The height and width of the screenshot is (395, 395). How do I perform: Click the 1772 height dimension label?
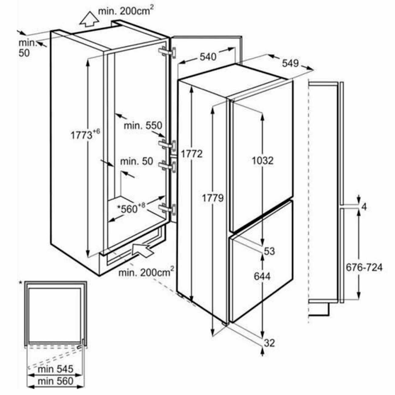coord(191,154)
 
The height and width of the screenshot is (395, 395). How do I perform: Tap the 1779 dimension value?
coord(213,198)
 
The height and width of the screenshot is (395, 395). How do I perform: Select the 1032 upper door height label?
coord(263,160)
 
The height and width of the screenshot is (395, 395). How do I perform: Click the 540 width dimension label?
coord(208,57)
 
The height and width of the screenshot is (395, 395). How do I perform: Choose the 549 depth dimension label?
coord(290,63)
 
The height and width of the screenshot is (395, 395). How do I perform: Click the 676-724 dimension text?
coord(364,267)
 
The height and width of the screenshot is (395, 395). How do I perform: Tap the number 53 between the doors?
coord(269,251)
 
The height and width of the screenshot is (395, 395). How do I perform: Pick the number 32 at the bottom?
coord(269,343)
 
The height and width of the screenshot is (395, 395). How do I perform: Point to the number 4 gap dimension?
coord(364,207)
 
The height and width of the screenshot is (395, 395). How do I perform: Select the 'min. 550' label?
coord(143,125)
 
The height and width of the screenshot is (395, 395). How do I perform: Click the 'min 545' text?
coord(56,369)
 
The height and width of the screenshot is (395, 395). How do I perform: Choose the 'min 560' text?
coord(56,381)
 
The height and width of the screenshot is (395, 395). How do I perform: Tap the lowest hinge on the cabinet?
coord(168,209)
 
